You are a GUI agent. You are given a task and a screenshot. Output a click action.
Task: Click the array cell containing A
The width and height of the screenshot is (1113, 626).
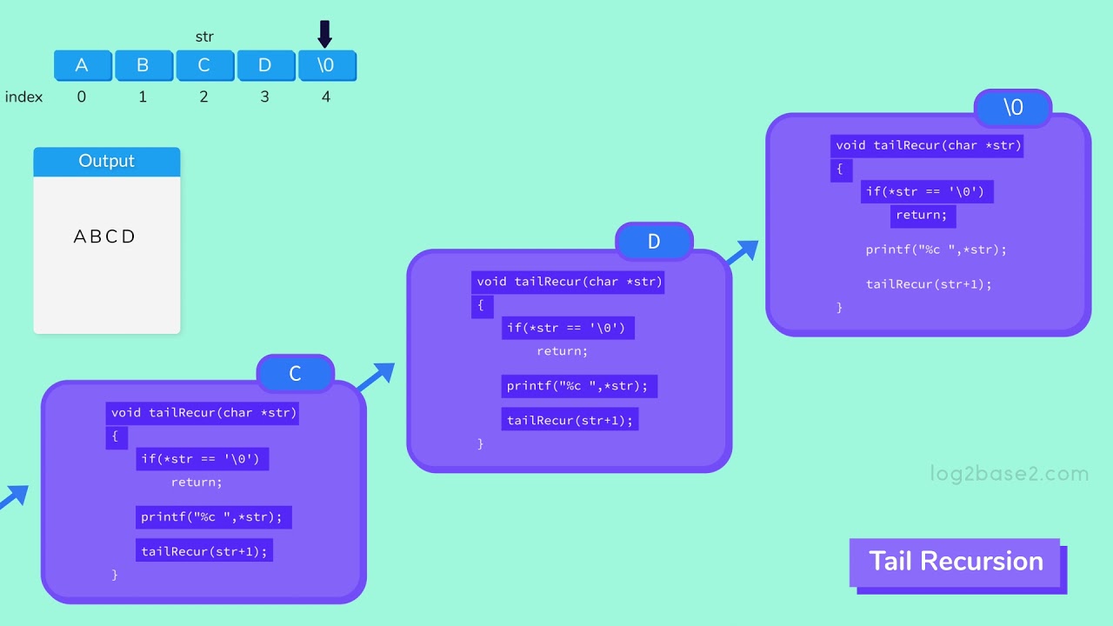83,66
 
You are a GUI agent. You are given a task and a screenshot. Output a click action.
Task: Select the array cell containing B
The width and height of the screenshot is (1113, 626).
143,66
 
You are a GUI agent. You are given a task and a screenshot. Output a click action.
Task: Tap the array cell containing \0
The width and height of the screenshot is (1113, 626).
327,66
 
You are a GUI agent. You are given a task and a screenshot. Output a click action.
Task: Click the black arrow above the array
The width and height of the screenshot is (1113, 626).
325,34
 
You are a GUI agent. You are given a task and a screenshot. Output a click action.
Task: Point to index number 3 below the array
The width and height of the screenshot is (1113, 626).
265,97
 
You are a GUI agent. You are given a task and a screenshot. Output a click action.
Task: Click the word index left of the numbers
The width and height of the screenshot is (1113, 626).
23,97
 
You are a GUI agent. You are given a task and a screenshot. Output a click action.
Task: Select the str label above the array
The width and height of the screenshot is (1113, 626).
204,37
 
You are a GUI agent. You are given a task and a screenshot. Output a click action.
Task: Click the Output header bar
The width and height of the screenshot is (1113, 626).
107,162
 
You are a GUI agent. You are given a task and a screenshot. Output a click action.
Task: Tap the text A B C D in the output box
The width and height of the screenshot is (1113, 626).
105,236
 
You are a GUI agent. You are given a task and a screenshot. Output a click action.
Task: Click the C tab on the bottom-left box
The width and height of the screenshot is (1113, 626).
295,374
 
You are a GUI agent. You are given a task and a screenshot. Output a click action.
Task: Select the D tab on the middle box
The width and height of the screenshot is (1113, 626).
654,242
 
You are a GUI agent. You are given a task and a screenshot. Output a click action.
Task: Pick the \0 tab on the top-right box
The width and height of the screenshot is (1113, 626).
1013,107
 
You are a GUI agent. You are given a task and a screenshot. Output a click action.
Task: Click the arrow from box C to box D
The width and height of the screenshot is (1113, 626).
374,376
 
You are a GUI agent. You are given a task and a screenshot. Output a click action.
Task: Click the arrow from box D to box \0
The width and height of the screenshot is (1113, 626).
741,252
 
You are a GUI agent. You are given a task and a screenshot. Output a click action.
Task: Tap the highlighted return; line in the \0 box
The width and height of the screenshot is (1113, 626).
923,216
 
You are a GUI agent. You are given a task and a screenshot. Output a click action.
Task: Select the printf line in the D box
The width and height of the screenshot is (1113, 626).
578,386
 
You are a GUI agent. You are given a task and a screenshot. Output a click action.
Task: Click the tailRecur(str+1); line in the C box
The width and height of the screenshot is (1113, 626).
204,551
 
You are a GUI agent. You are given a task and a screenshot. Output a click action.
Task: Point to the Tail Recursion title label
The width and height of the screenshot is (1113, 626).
956,562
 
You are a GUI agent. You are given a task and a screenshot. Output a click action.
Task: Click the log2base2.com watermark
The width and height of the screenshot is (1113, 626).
1009,474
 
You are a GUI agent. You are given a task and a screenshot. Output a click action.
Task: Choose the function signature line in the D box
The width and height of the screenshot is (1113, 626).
570,282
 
